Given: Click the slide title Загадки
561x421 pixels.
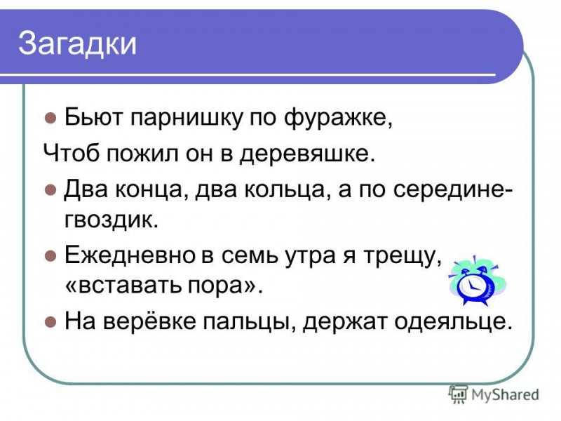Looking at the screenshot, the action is [x=77, y=44].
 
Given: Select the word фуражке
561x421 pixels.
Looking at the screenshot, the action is [x=338, y=118].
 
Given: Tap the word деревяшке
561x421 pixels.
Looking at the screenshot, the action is [x=307, y=154].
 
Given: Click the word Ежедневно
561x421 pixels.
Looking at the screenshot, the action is [x=130, y=256].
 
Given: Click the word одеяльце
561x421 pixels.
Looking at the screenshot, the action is [x=453, y=322].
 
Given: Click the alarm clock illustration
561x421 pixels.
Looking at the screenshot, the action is [x=476, y=281].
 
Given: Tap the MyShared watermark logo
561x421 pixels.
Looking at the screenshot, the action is [x=494, y=394].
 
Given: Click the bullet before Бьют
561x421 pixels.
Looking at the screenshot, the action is [x=50, y=118].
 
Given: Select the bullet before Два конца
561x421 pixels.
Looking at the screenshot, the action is [x=50, y=189].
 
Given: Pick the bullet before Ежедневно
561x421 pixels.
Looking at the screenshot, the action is [x=50, y=256].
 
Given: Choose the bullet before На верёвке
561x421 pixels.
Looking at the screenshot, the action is [x=50, y=321].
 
